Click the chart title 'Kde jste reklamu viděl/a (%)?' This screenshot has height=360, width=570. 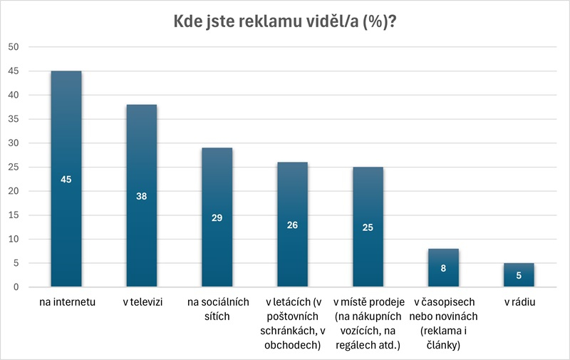pyautogui.click(x=285, y=21)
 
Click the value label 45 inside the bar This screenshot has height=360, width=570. pyautogui.click(x=66, y=179)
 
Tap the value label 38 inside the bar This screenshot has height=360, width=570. pyautogui.click(x=142, y=196)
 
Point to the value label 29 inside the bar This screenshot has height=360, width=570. pyautogui.click(x=217, y=217)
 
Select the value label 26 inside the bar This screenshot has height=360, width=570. pyautogui.click(x=293, y=225)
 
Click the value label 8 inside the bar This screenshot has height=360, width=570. pyautogui.click(x=444, y=268)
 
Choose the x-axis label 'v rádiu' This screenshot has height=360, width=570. pyautogui.click(x=519, y=302)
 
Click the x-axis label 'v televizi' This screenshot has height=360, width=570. pyautogui.click(x=142, y=302)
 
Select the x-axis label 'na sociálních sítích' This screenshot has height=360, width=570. pyautogui.click(x=217, y=309)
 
